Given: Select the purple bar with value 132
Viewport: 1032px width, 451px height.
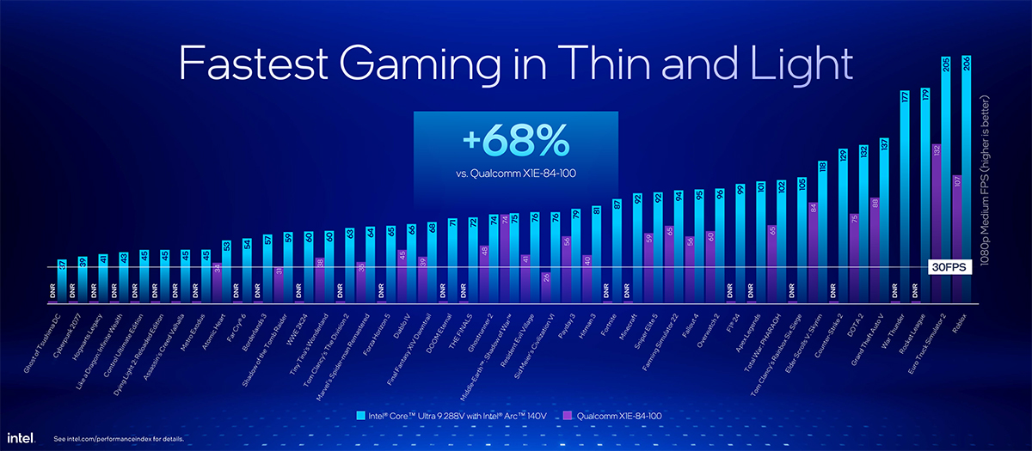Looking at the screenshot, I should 936,223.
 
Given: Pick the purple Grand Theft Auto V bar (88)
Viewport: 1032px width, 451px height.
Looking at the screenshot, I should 874,249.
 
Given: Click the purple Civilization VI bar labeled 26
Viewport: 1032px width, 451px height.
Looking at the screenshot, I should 545,287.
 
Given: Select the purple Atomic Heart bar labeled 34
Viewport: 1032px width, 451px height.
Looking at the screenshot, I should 217,283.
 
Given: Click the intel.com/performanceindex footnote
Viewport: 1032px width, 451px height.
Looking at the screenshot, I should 117,439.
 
